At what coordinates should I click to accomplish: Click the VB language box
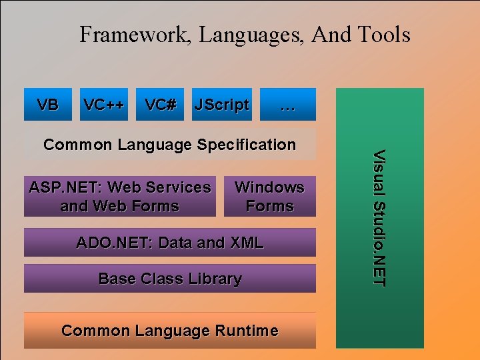[x=47, y=105]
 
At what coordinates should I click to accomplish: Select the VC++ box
[x=104, y=105]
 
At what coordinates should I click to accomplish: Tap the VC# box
[x=161, y=105]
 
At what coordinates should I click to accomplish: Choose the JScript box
[x=221, y=105]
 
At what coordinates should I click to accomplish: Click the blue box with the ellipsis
[x=287, y=105]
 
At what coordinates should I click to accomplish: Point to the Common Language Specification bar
[x=169, y=145]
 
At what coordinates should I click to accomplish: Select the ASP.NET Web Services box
[x=120, y=197]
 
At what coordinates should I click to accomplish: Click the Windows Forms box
[x=269, y=197]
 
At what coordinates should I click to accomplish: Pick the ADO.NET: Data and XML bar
[x=170, y=243]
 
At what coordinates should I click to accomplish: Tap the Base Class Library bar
[x=170, y=279]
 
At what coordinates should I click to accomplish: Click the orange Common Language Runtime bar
[x=170, y=331]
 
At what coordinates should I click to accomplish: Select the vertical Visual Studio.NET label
[x=379, y=218]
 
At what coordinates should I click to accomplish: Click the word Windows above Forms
[x=269, y=187]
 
